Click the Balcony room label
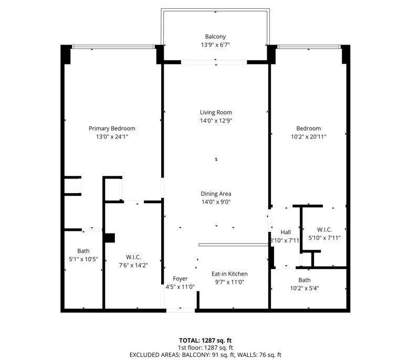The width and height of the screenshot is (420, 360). point(215,37)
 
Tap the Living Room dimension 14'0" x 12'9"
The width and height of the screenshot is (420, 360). point(216,121)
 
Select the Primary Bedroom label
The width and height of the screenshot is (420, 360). point(112,129)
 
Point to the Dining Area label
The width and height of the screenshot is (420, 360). point(216,194)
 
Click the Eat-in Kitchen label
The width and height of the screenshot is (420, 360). point(229,274)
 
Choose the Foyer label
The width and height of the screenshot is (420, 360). point(180,279)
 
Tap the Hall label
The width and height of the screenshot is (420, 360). point(286,232)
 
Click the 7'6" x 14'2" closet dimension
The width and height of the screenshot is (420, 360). point(133,265)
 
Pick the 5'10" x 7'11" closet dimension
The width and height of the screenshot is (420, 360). point(324,238)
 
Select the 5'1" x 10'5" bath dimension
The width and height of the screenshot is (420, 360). point(83,259)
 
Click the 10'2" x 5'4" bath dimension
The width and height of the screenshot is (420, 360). point(304,288)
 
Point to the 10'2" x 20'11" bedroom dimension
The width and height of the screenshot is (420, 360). point(309,137)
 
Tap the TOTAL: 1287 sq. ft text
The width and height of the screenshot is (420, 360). point(205,341)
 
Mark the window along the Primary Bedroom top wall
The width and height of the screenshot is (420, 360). point(113,47)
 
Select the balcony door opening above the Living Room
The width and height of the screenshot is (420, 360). point(214,62)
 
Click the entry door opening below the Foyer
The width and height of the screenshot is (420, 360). point(181,311)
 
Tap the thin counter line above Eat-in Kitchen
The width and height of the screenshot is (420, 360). point(234,245)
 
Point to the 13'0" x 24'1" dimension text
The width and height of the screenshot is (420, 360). point(112,137)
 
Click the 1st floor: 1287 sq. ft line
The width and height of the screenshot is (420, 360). point(205,348)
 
